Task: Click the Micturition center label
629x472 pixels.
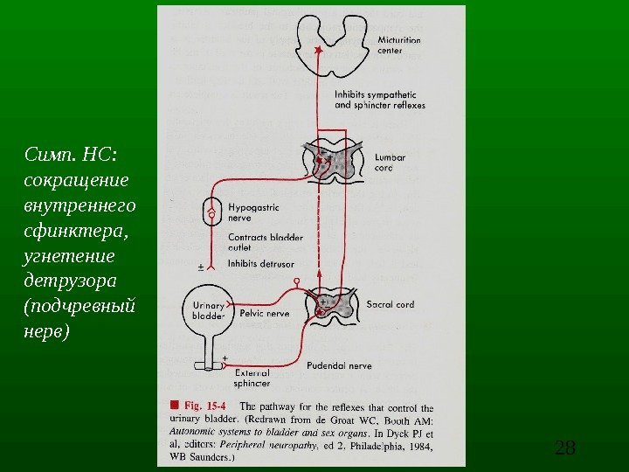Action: (398, 45)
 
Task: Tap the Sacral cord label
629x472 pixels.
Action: (390, 305)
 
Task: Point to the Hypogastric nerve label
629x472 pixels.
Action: (253, 213)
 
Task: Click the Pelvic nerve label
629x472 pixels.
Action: (265, 312)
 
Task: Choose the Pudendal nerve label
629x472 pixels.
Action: (338, 366)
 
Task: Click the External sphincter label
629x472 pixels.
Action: (252, 378)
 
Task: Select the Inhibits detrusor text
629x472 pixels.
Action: (260, 263)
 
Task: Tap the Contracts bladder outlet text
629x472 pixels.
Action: (266, 241)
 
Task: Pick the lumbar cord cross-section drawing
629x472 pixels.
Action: (330, 163)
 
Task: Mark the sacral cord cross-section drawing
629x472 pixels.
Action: (331, 307)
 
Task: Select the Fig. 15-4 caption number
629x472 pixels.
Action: (208, 406)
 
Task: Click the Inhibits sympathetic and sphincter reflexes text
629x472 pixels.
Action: (379, 100)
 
